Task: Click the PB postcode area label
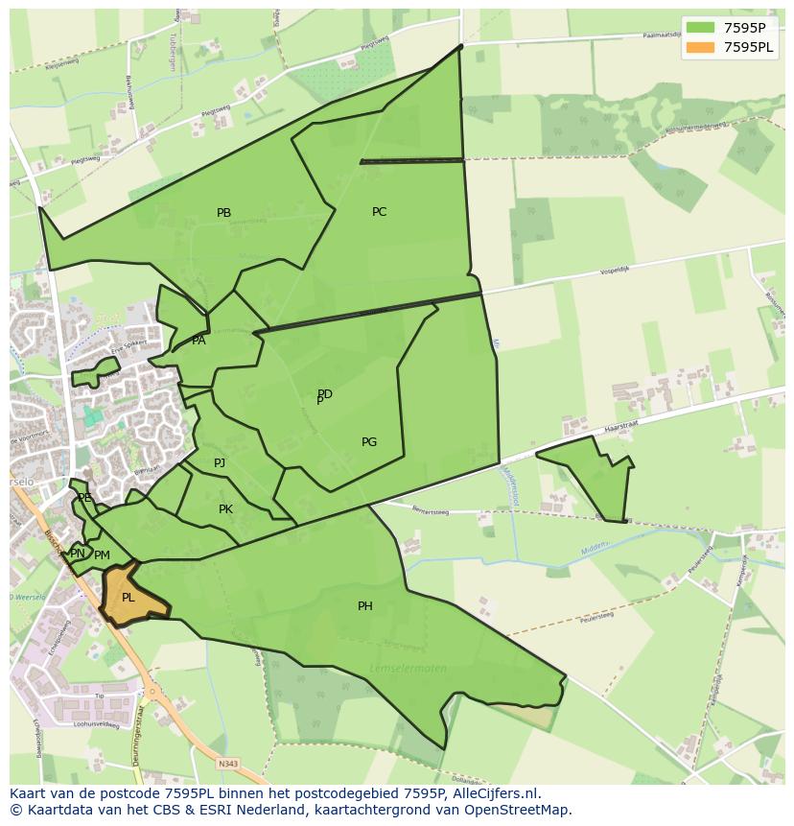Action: click(223, 213)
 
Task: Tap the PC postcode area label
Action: click(379, 212)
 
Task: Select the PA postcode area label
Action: click(198, 341)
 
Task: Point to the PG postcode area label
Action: click(369, 442)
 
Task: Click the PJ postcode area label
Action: click(220, 463)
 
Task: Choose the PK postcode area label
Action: click(225, 509)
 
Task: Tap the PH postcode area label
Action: click(365, 606)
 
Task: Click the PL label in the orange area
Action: click(128, 598)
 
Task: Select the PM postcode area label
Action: click(103, 555)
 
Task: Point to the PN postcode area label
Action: click(78, 554)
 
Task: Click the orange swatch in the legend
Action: click(701, 47)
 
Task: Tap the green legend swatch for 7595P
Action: click(701, 27)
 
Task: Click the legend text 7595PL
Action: click(749, 47)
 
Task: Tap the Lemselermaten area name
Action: click(408, 669)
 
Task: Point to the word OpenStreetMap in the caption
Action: click(523, 810)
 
